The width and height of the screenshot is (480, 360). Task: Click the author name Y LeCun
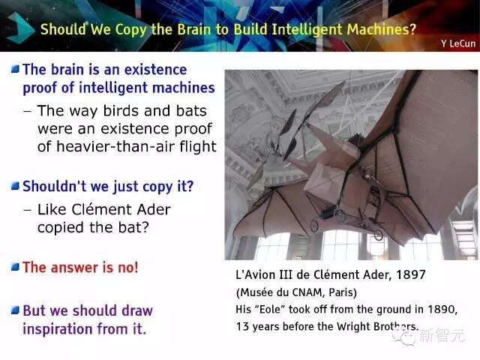458,43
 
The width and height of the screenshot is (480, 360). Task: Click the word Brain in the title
194,29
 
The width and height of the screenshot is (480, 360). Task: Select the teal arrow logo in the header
20,28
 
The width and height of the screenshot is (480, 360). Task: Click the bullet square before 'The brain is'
15,69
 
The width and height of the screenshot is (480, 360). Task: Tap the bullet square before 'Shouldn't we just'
15,185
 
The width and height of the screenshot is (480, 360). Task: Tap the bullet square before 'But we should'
15,310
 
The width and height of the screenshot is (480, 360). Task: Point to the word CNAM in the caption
309,292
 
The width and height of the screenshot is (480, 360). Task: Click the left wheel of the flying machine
315,226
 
